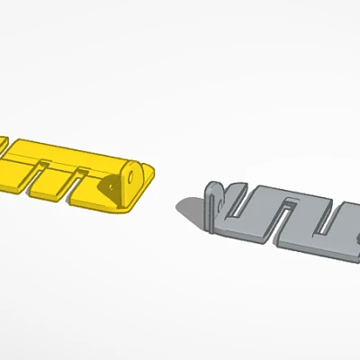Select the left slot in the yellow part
point(40,177)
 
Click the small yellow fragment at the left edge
point(3,144)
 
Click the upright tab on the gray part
point(214,203)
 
